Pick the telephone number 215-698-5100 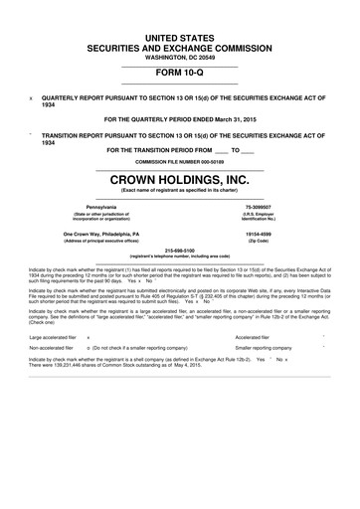(179, 250)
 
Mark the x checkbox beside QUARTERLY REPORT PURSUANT (32, 99)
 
